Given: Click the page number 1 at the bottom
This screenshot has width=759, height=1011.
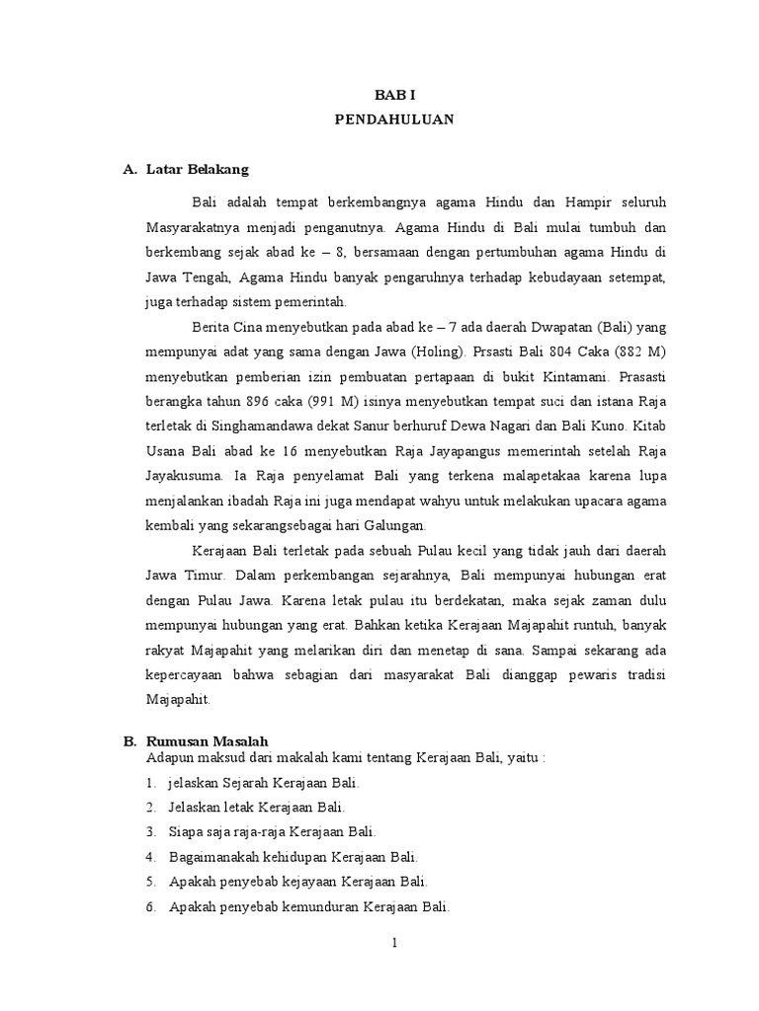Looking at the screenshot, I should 393,942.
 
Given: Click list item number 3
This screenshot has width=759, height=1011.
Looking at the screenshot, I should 150,831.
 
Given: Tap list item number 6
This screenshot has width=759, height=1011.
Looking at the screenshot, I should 150,907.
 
